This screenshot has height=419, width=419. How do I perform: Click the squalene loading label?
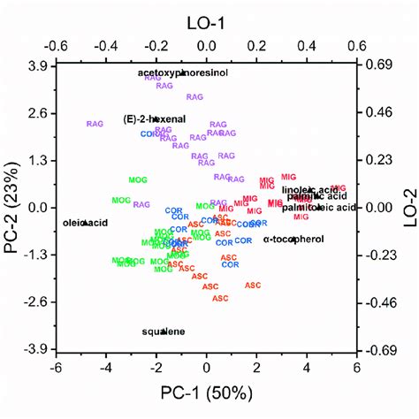[x=164, y=331]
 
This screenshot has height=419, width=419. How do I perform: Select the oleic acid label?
[x=84, y=223]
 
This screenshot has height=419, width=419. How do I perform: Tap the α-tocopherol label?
[x=294, y=239]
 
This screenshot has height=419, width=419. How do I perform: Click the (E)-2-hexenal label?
[x=155, y=118]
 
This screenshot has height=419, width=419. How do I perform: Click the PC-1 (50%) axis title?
[x=206, y=392]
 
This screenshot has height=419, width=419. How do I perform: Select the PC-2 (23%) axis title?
[x=12, y=208]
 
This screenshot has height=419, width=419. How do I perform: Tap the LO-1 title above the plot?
[x=206, y=16]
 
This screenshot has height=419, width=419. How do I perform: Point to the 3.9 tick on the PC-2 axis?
[x=38, y=66]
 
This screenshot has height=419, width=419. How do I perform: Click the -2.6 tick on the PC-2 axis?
[x=36, y=302]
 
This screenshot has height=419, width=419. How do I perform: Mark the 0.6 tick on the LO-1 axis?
[x=359, y=43]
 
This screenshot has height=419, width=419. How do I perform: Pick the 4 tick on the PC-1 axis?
[x=308, y=367]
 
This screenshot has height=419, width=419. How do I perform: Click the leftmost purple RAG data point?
[x=95, y=124]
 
